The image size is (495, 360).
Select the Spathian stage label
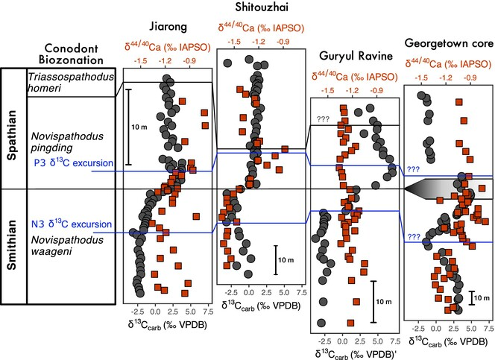pos(13,129)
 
